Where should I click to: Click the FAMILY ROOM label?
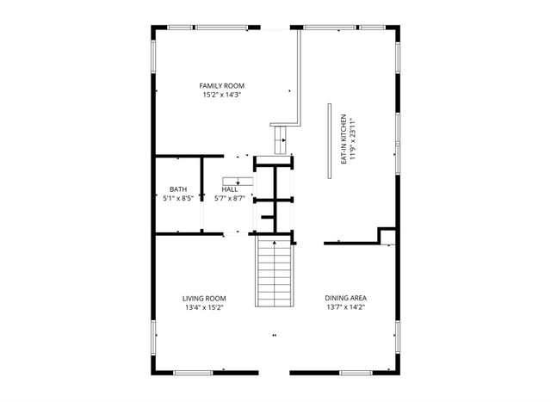pos(222,85)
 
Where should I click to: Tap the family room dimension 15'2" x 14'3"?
pos(222,95)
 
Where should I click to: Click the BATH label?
pos(177,189)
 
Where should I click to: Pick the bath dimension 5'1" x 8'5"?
pos(177,198)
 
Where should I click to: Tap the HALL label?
pos(229,189)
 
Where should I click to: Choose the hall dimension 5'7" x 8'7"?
pos(229,198)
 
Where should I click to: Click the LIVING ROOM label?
pos(204,298)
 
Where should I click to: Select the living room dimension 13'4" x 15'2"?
pos(204,307)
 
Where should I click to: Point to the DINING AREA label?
pos(346,298)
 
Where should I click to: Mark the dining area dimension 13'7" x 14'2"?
pos(346,307)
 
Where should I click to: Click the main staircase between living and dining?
pos(274,271)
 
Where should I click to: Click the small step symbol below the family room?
pos(282,139)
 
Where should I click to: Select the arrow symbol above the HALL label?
pos(238,179)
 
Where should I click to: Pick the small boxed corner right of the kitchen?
pos(387,236)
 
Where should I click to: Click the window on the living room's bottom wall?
pos(194,373)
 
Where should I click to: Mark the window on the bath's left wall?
pos(154,194)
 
